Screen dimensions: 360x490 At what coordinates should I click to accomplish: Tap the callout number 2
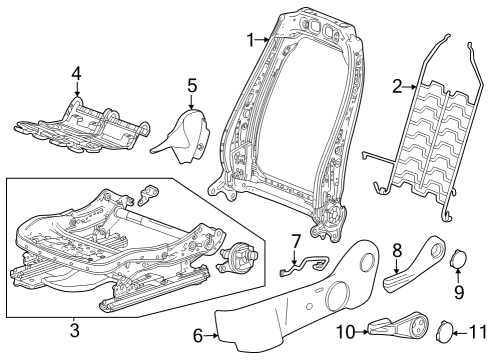[396, 88]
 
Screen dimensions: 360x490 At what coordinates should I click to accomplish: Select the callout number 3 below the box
[76, 329]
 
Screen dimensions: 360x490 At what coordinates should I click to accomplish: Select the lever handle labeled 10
[392, 326]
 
